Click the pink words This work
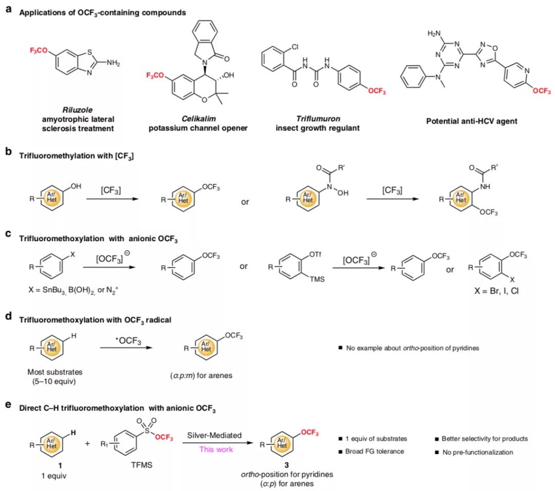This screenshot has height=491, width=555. point(215,449)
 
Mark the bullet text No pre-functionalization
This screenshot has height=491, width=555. point(477,452)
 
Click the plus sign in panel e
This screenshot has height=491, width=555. point(87,442)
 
